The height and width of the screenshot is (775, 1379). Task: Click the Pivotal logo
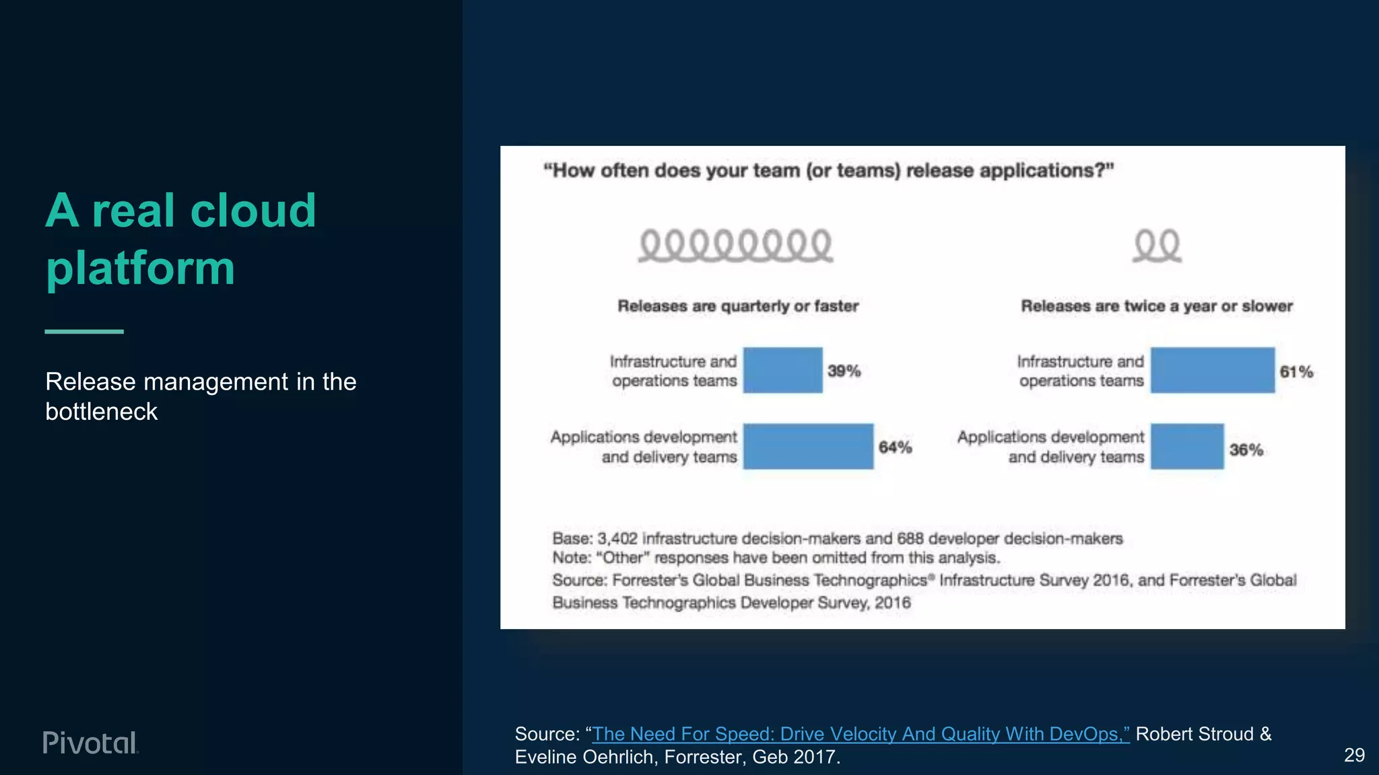click(90, 743)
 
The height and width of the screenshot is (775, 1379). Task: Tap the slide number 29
click(1354, 755)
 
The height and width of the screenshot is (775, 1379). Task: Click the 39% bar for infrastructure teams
click(782, 370)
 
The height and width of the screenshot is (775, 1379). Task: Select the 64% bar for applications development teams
click(808, 446)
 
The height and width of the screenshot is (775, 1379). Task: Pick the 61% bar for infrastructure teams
click(1212, 370)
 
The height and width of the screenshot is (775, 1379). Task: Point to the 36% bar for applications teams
click(1186, 446)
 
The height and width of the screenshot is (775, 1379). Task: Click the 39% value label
click(844, 371)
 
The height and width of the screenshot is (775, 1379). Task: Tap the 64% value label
click(895, 447)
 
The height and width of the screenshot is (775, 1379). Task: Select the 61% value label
click(1296, 371)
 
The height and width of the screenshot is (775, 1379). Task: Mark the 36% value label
click(1246, 449)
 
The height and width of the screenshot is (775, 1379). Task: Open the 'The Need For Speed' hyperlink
click(861, 734)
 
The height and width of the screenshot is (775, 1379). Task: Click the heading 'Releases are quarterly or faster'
click(738, 306)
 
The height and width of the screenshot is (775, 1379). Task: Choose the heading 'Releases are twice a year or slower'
click(1157, 306)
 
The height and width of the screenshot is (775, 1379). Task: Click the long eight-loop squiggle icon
click(735, 246)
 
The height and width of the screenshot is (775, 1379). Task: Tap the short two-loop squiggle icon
click(1157, 246)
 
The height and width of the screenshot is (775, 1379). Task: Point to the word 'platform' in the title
click(141, 268)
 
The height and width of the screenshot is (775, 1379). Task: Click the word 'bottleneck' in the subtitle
click(101, 411)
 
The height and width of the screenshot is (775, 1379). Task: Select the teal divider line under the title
click(84, 331)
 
